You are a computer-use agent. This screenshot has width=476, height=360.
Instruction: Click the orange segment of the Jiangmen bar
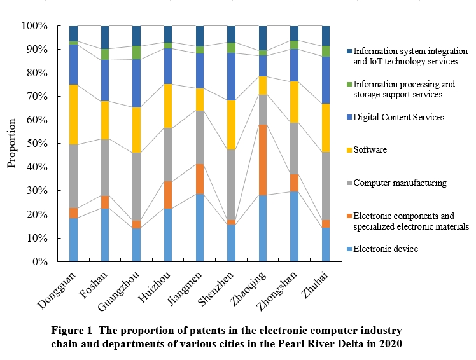click(x=200, y=179)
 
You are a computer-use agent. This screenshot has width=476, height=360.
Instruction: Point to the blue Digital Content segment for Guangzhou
click(x=136, y=83)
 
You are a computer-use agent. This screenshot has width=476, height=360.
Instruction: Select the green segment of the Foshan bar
click(x=105, y=54)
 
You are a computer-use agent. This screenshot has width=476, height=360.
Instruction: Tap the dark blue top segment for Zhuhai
click(x=326, y=36)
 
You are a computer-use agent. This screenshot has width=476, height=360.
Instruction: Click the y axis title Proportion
click(x=11, y=144)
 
